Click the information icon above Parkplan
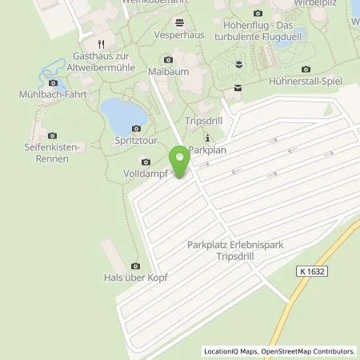tap(208, 136)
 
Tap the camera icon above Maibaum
tap(167, 59)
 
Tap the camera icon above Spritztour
tap(136, 128)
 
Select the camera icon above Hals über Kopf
tap(134, 266)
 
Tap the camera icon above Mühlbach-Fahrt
tap(54, 82)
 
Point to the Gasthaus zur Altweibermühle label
tap(102, 65)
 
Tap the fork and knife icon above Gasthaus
tap(101, 44)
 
